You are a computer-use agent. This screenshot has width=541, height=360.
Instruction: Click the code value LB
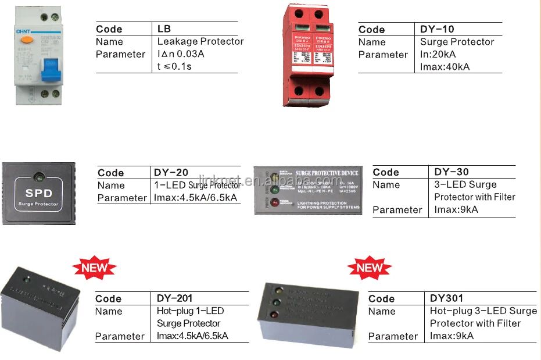(x=164, y=29)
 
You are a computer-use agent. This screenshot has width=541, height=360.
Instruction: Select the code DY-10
(x=437, y=29)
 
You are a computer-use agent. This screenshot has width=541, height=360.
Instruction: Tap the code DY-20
(x=171, y=172)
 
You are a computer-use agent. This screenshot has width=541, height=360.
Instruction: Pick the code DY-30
(x=452, y=172)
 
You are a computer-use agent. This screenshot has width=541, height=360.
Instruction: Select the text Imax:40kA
(x=445, y=66)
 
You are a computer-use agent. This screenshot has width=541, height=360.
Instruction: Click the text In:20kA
(x=440, y=54)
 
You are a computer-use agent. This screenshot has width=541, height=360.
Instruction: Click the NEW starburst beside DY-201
(x=94, y=268)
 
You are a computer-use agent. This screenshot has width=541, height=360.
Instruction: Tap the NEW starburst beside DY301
(x=370, y=268)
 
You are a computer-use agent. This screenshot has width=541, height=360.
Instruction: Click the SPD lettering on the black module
(x=39, y=193)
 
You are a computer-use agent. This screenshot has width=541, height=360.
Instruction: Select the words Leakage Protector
(x=200, y=41)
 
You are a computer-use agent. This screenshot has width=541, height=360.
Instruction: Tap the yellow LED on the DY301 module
(x=278, y=290)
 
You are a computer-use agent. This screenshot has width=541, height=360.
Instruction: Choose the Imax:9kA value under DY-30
(x=456, y=209)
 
